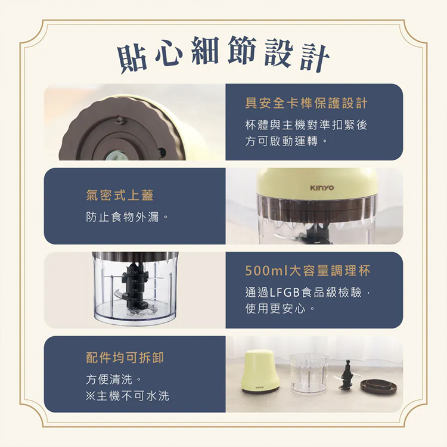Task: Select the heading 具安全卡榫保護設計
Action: (306, 104)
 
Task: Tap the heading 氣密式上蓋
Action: (123, 195)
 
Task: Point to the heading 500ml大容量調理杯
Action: (308, 271)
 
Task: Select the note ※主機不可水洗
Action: (128, 395)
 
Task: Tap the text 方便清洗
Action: (113, 378)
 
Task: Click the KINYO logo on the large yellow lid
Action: (321, 188)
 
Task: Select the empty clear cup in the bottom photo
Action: (309, 372)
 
